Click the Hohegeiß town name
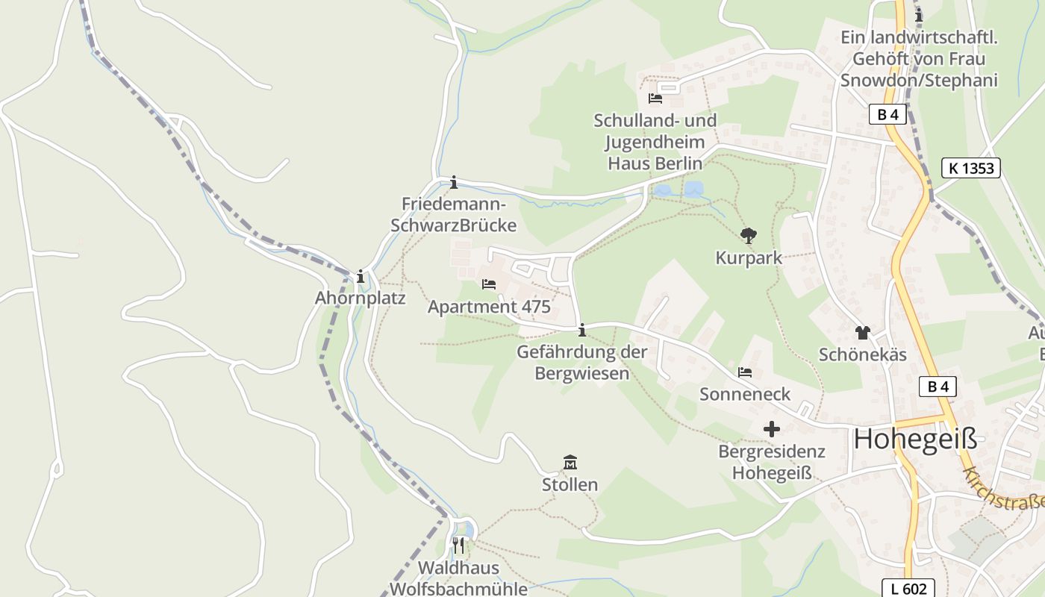coord(915,439)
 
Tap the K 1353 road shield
coord(970,168)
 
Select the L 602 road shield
coord(908,589)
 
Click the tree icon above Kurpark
coord(748,237)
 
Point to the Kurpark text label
coord(749,258)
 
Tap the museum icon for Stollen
coord(570,463)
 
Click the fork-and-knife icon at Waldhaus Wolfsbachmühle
coord(458,546)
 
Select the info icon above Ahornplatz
coord(361,277)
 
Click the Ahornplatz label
coord(361,298)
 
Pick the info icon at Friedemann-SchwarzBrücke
coord(453,182)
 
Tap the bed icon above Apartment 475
coord(489,284)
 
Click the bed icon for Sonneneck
coord(744,372)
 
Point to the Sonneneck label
coord(744,394)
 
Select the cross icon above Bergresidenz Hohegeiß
coord(772,429)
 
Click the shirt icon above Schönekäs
coord(863,333)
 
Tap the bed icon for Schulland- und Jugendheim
coord(655,99)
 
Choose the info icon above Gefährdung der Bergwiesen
coord(581,330)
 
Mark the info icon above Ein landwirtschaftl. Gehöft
coord(919,15)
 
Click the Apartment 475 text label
coord(489,307)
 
